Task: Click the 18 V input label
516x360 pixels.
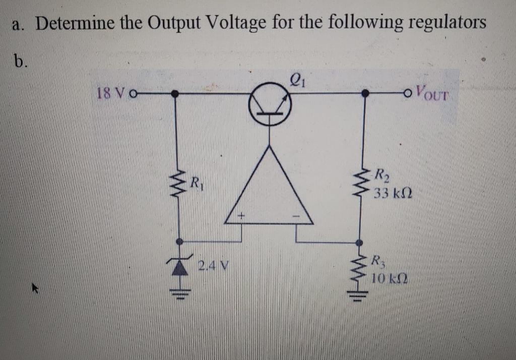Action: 110,93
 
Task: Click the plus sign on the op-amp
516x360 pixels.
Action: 241,215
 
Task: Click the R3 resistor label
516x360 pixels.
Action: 377,261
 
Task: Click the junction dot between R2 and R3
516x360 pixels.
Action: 359,241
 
